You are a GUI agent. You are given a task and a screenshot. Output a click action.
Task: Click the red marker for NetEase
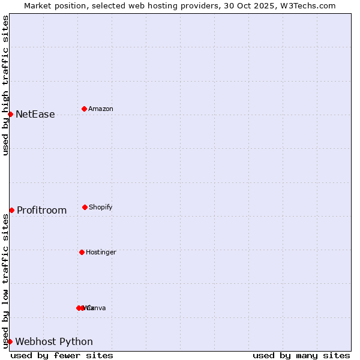[10, 114]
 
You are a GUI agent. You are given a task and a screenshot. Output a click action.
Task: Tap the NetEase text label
[35, 115]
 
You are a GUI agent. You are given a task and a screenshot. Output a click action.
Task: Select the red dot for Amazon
[84, 109]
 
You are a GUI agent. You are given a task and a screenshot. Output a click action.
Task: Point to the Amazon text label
[100, 109]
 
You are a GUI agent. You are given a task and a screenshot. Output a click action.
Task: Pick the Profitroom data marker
[11, 210]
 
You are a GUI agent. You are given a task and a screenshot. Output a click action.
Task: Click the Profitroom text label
[41, 211]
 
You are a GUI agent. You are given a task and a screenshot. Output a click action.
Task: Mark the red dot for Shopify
[85, 207]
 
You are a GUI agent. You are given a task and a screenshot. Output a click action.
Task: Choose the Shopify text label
[100, 208]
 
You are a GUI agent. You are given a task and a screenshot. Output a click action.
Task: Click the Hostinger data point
[82, 252]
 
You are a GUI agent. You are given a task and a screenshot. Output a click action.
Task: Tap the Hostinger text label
[101, 253]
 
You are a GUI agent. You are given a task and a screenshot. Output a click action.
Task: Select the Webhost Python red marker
[10, 341]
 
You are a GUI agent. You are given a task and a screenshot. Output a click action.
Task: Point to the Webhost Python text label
[54, 342]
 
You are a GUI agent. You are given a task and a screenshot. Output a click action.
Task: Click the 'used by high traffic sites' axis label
[5, 85]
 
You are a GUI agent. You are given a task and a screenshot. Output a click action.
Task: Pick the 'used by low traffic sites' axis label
[5, 281]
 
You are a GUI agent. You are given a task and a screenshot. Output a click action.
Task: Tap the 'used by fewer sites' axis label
[62, 355]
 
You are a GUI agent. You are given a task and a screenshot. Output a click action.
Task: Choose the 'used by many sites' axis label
[301, 355]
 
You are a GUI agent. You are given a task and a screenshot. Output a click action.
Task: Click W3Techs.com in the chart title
[308, 5]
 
